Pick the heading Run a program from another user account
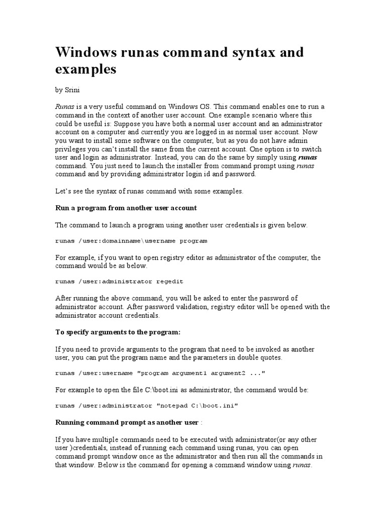(x=126, y=207)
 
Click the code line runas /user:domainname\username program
(x=131, y=241)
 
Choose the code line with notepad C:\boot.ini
(x=146, y=406)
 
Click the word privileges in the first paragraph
(x=71, y=149)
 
